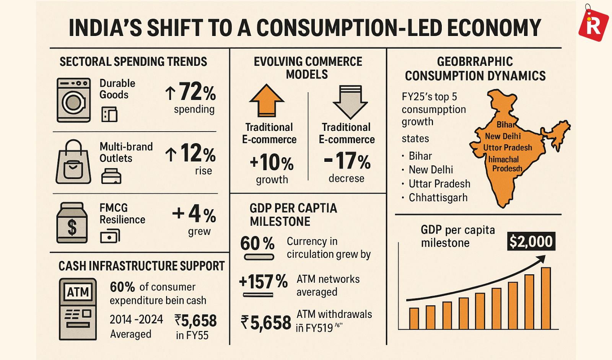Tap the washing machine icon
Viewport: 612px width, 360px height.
click(x=73, y=100)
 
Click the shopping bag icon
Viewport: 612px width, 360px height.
click(x=73, y=163)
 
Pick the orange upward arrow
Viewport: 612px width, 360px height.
click(x=267, y=100)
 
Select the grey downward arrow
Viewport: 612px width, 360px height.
click(x=350, y=102)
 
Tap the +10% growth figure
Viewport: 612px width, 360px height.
click(x=272, y=163)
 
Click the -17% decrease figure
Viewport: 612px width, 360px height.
click(x=347, y=161)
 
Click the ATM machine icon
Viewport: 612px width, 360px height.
click(x=78, y=309)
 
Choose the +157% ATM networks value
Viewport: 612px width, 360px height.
click(x=263, y=282)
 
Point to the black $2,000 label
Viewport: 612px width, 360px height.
click(x=531, y=241)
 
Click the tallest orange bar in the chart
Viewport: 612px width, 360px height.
click(x=546, y=298)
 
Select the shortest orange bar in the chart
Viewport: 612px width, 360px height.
click(x=414, y=318)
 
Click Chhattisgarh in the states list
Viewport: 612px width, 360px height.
click(x=438, y=198)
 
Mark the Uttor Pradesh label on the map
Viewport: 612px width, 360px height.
click(x=507, y=148)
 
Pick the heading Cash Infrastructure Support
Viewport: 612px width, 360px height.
click(x=142, y=266)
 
